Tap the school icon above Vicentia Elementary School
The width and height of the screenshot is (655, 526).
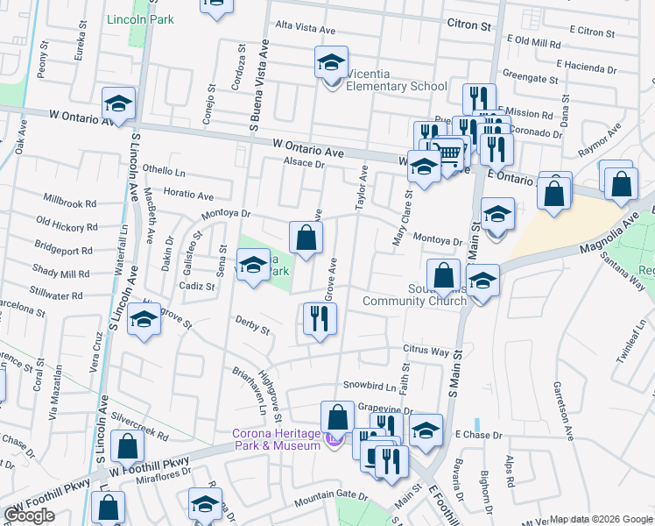tap(331, 62)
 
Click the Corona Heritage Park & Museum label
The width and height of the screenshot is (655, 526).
tap(276, 439)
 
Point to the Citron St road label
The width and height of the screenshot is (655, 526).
tap(468, 25)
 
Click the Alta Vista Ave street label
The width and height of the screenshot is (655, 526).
tap(306, 29)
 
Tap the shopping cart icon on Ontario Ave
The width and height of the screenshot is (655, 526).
tap(447, 154)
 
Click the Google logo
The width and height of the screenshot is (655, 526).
tap(29, 515)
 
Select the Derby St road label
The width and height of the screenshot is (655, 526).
tap(252, 325)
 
